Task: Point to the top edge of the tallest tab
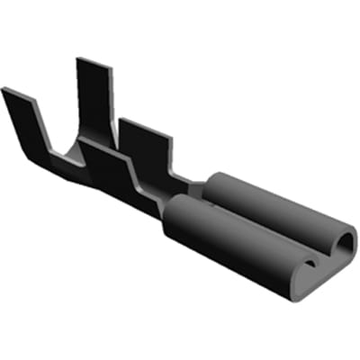point(91,61)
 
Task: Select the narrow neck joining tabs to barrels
point(184,187)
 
